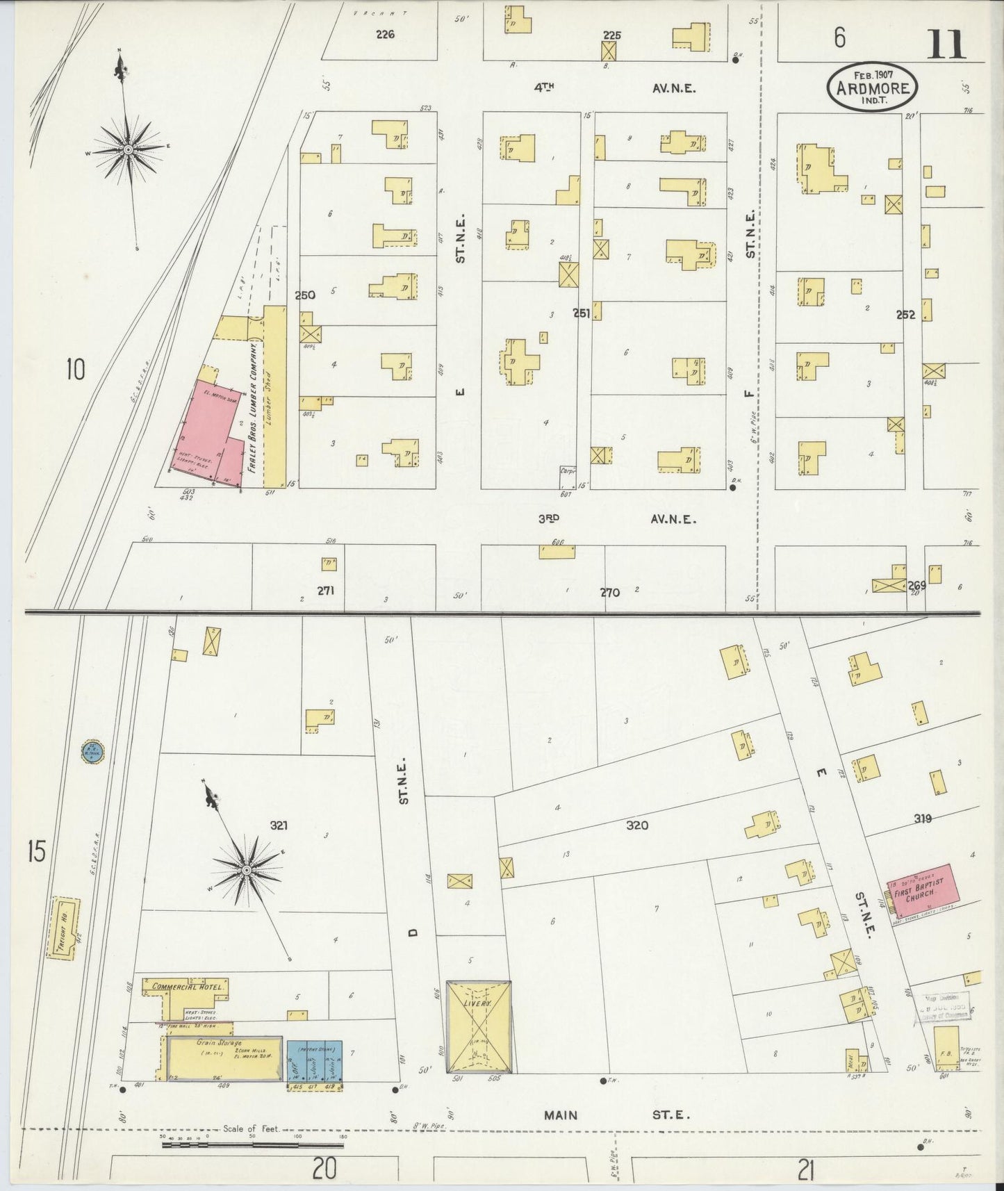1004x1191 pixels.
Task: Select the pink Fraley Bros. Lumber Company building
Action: coord(205,431)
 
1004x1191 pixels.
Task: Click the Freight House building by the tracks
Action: coord(63,928)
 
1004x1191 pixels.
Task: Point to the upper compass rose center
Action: coord(129,149)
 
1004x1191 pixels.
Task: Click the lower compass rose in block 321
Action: coord(246,869)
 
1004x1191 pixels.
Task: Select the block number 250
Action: coord(304,295)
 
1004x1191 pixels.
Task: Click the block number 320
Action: coord(636,826)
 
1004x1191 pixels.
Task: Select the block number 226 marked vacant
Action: coord(384,34)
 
